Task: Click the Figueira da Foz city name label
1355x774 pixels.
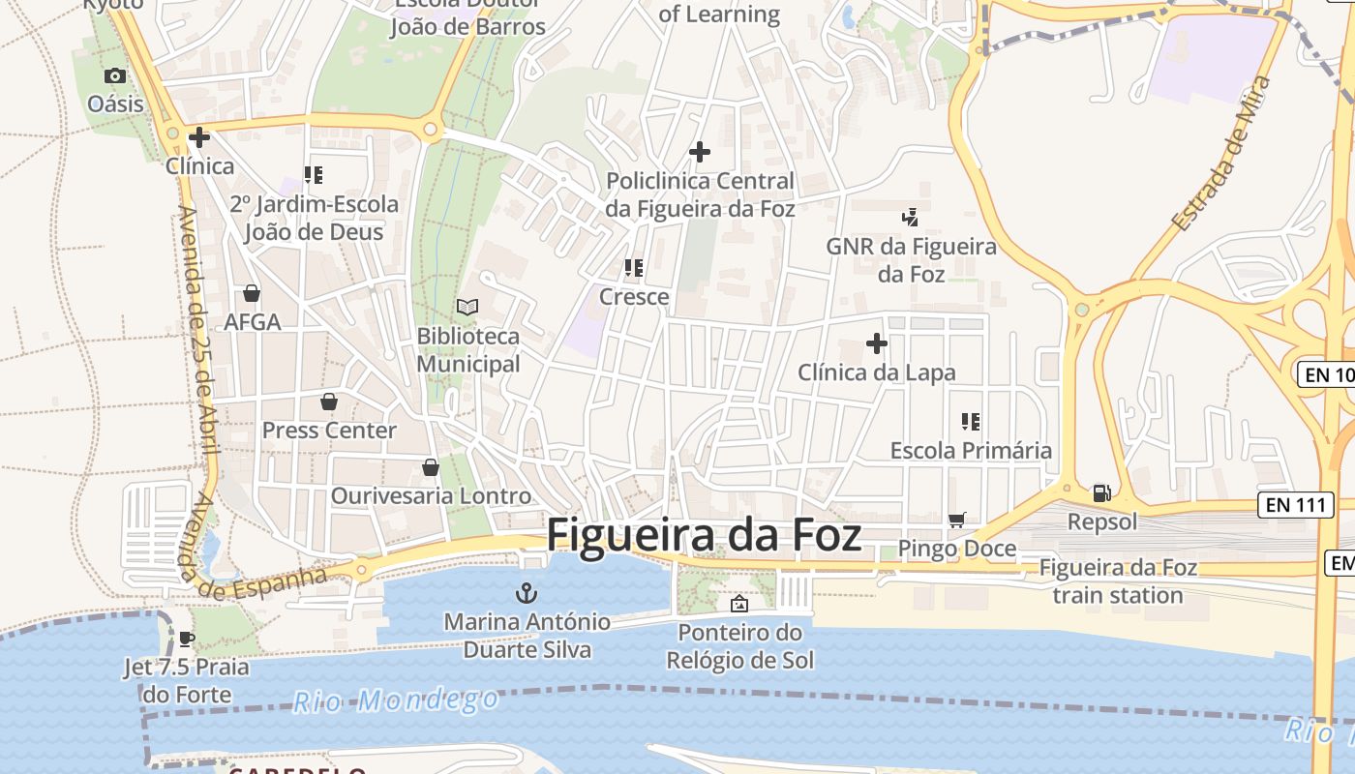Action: coord(704,535)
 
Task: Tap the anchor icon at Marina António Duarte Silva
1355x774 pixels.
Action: coord(527,592)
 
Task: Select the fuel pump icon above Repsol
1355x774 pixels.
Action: coord(1101,493)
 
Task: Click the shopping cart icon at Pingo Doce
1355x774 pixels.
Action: coord(957,521)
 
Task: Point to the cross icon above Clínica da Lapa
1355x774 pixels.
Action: coord(877,343)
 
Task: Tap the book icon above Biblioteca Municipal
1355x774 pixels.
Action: coord(467,307)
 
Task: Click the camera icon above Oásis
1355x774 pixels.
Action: coord(115,75)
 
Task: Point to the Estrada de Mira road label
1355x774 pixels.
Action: coord(1220,154)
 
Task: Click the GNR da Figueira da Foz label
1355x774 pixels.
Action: coord(911,260)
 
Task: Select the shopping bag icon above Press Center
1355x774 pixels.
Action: coord(329,402)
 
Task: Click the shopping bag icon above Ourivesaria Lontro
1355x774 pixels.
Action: coord(431,468)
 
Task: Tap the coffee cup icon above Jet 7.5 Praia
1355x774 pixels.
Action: coord(187,639)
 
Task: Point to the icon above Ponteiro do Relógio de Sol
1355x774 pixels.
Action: coord(739,604)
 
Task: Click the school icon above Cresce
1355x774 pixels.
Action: coord(634,268)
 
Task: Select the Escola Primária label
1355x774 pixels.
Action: coord(971,450)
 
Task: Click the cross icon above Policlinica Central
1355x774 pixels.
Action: coord(700,152)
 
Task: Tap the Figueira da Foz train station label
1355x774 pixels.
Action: coord(1118,580)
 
